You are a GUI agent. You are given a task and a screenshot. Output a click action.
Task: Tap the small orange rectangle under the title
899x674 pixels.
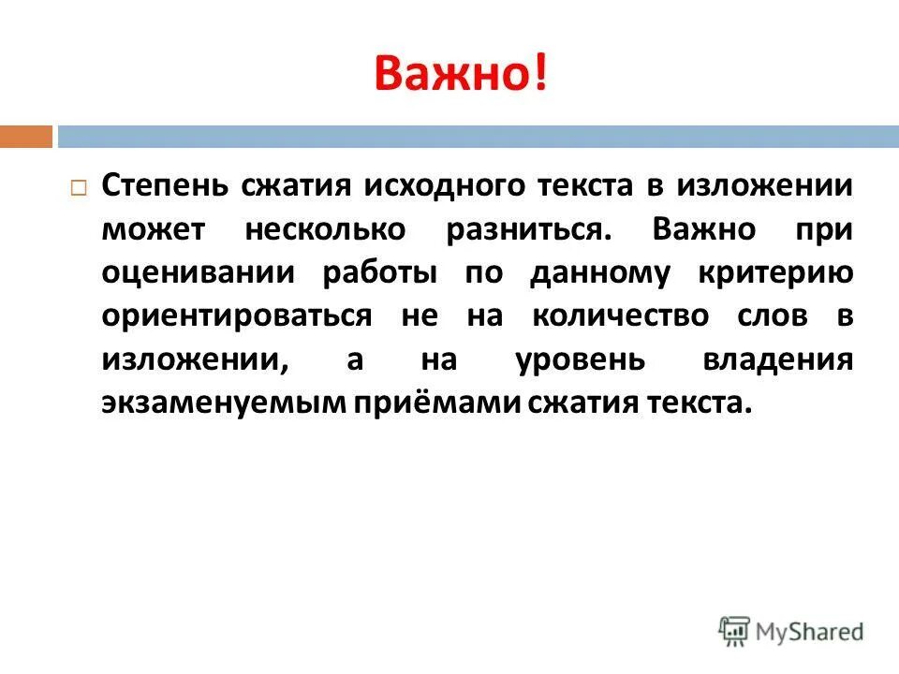click(26, 137)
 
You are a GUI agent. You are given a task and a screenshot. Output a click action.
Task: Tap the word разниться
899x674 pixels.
click(532, 228)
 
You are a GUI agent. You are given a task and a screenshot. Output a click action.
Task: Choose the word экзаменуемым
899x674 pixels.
click(224, 403)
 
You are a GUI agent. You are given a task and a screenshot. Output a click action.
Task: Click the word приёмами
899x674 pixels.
click(425, 403)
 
